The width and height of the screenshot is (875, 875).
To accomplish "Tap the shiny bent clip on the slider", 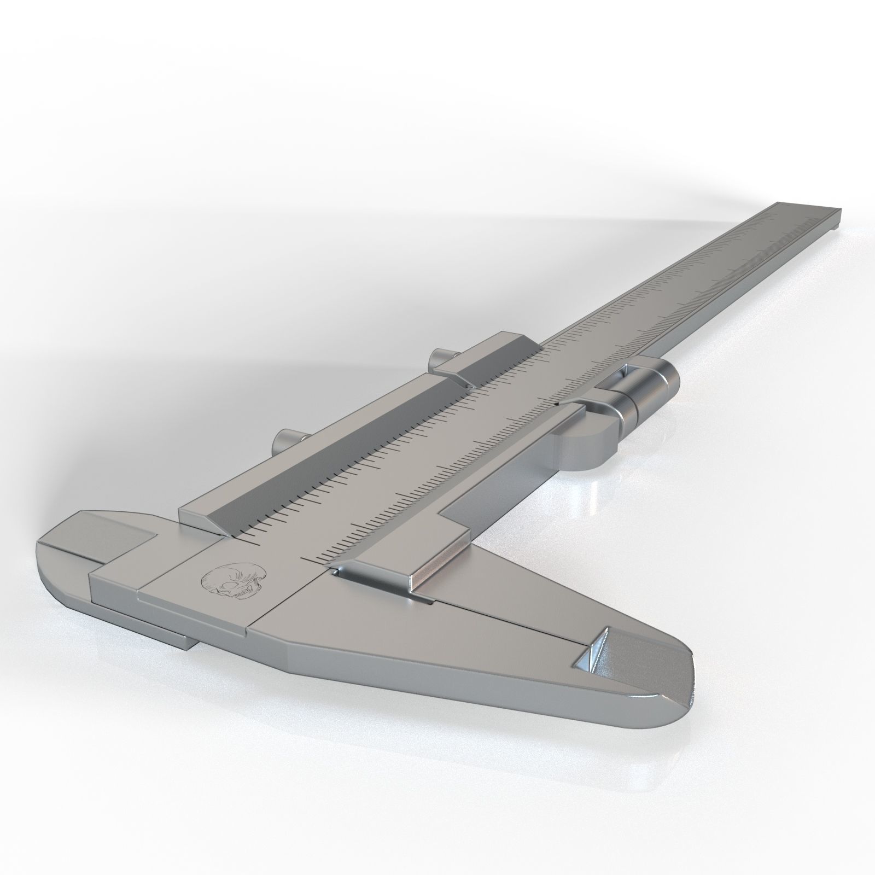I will coord(377,580).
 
